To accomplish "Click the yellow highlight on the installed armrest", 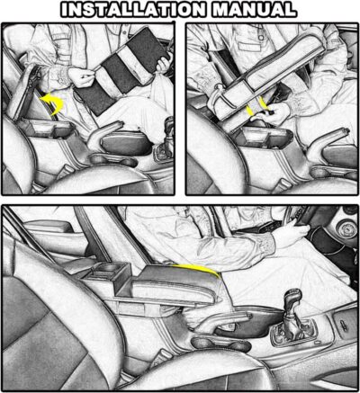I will coord(199,269).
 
